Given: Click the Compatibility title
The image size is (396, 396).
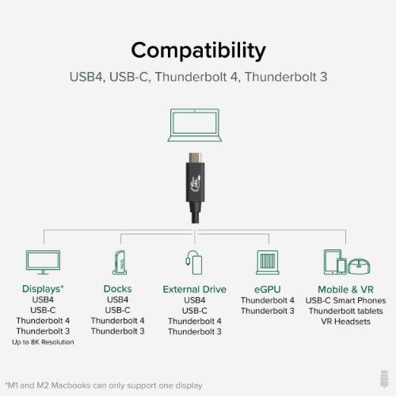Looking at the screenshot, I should tap(198, 50).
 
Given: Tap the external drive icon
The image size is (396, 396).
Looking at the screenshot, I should tap(192, 261).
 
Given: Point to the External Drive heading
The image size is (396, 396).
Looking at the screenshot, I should tap(193, 288).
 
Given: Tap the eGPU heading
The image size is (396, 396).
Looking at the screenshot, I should tap(268, 288).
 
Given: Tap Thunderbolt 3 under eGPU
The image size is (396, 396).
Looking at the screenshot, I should tap(268, 310).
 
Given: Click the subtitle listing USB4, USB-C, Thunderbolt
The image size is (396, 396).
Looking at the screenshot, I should tap(198, 78).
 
